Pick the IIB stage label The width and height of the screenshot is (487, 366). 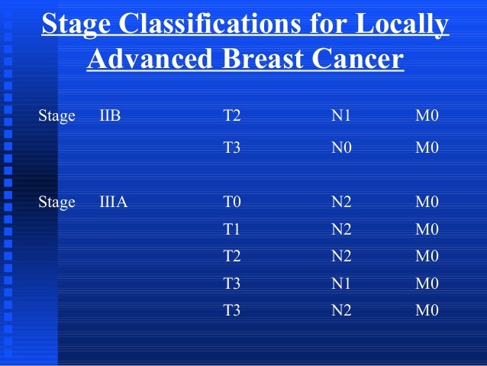(110, 116)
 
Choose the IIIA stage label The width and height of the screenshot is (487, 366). (113, 202)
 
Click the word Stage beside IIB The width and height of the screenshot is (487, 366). (56, 116)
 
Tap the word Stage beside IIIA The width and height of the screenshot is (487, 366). (56, 202)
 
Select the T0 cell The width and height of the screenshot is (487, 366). (232, 202)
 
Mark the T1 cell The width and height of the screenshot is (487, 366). (232, 229)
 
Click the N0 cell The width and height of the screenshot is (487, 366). (341, 147)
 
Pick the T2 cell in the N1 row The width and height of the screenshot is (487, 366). (232, 116)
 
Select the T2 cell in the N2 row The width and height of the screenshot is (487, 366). (232, 256)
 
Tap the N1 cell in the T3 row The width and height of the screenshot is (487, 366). (341, 283)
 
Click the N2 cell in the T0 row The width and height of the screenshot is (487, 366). (341, 202)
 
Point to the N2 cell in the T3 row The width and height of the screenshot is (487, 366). (341, 310)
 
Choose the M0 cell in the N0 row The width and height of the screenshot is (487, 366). (427, 147)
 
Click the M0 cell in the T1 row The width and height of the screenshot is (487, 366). (427, 229)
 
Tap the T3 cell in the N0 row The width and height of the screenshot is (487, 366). (232, 147)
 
